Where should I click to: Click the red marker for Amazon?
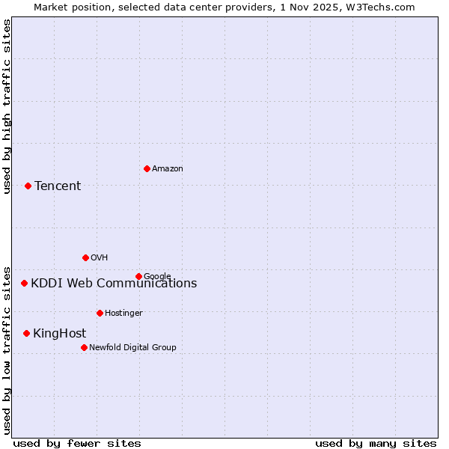[147, 168]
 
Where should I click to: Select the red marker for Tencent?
[28, 186]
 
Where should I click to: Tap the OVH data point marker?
[85, 257]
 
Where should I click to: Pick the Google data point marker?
[138, 276]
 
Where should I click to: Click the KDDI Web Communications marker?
[24, 283]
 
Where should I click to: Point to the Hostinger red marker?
[100, 313]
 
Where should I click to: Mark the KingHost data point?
[26, 333]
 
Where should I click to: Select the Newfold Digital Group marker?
[84, 347]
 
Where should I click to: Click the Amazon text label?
[168, 169]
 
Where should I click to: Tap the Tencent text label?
[58, 186]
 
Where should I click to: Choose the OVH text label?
[100, 258]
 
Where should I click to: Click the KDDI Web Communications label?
[114, 284]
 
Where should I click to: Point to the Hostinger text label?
[123, 314]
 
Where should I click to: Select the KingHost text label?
[60, 334]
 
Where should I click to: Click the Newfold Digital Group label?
[132, 348]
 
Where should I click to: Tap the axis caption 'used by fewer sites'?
[77, 443]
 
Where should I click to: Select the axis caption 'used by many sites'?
[376, 443]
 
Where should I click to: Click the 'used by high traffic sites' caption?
[7, 106]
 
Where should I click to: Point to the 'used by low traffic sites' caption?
[7, 349]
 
